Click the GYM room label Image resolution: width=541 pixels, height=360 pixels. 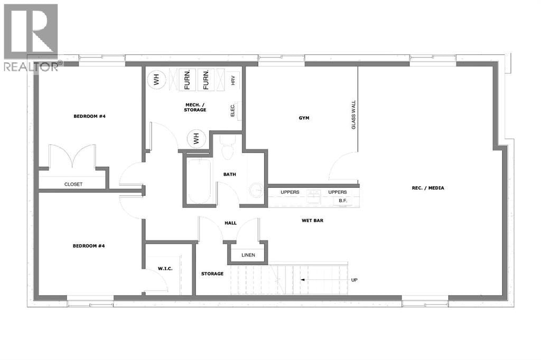point(304,118)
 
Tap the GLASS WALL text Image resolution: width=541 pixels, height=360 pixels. point(353,115)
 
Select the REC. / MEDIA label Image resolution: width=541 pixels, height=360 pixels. point(428,188)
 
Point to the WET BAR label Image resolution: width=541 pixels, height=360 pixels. point(313,220)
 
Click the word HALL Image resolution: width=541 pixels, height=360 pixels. point(230,223)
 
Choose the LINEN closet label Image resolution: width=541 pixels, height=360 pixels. point(248,255)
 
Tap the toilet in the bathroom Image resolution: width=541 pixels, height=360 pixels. point(227,147)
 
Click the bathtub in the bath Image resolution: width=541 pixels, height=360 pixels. point(199,182)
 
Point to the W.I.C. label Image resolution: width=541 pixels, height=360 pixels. point(165,269)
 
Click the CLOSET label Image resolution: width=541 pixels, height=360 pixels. point(73,184)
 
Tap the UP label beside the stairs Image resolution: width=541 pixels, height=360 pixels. point(355,280)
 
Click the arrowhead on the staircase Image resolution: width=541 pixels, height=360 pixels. point(302,280)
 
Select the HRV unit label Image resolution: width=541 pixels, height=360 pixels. point(233,81)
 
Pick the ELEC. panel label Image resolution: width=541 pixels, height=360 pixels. point(232,110)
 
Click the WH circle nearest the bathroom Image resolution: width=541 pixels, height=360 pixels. point(197,139)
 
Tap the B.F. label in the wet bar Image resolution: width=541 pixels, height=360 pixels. point(342,201)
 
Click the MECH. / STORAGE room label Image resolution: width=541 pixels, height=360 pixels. point(195,107)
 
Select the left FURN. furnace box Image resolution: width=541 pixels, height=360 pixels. point(188,80)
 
